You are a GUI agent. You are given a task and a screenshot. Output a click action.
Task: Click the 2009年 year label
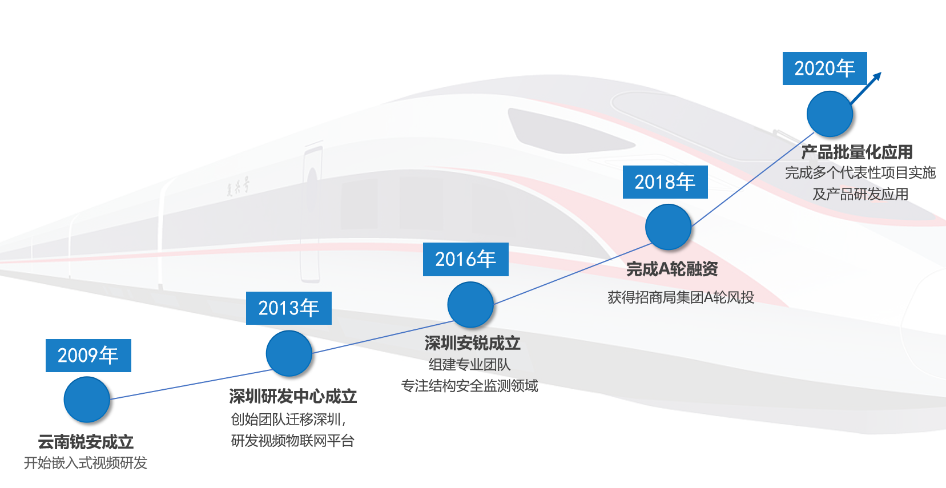(x=88, y=356)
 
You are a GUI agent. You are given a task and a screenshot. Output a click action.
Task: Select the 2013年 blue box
(x=289, y=308)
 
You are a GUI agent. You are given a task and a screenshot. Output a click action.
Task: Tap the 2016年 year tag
(x=466, y=259)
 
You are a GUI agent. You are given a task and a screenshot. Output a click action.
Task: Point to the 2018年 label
(x=665, y=182)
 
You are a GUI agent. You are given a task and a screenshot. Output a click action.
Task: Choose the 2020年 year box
(x=825, y=68)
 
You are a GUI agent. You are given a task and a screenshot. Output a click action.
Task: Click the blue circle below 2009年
(x=87, y=400)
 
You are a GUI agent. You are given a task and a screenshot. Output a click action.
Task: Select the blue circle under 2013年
(x=289, y=353)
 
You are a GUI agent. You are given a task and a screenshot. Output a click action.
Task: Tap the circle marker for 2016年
(x=470, y=304)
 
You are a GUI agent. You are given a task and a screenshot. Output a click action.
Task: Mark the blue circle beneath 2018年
(x=669, y=227)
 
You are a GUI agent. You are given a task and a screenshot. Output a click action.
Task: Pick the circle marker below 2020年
(x=830, y=114)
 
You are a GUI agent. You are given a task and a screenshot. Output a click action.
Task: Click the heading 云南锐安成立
(x=86, y=442)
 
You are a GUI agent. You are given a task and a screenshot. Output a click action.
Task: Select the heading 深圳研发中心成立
(x=293, y=397)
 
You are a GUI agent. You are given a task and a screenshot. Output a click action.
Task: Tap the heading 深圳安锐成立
(x=473, y=343)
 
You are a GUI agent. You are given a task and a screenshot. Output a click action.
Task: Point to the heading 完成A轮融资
(x=672, y=269)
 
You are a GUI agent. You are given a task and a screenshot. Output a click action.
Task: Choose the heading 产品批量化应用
(x=857, y=152)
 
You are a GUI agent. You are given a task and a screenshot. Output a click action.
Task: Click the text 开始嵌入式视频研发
(x=85, y=463)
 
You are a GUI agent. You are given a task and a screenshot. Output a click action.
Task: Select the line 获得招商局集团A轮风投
(x=681, y=297)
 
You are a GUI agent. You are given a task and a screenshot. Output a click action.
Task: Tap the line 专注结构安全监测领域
(x=470, y=385)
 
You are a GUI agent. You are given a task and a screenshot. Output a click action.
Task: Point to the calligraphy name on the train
(x=237, y=186)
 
